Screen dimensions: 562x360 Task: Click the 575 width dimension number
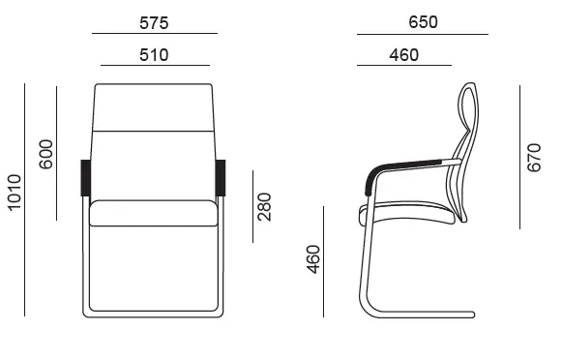click(154, 23)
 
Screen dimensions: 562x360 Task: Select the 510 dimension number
click(154, 55)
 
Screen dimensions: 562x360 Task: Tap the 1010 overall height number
click(15, 193)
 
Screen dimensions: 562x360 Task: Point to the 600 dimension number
click(45, 154)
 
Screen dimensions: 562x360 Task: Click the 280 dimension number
click(264, 207)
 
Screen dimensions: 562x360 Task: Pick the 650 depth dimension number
click(423, 22)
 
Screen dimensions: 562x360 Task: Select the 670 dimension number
click(534, 158)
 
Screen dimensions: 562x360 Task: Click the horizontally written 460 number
click(404, 55)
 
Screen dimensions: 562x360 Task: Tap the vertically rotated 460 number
click(313, 259)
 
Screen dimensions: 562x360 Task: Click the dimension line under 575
click(155, 33)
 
